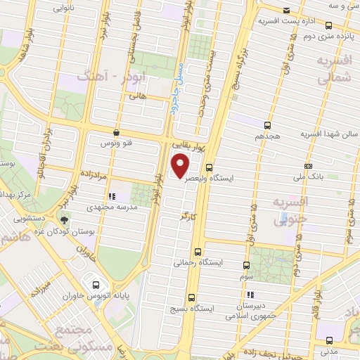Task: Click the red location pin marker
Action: point(181,167)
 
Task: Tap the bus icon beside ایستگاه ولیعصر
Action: point(210,167)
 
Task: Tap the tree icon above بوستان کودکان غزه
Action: point(65,220)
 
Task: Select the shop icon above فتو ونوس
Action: point(115,132)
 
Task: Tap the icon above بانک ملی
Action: point(308,166)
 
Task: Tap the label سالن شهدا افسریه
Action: point(329,134)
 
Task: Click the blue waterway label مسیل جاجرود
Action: point(176,94)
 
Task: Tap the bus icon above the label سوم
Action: point(247,265)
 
